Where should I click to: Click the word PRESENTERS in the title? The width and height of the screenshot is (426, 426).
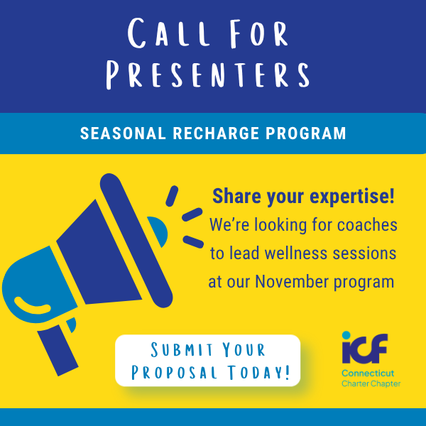[x=208, y=75]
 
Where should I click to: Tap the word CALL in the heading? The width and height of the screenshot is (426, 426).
[x=169, y=33]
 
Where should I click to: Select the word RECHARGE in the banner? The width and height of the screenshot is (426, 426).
[x=216, y=133]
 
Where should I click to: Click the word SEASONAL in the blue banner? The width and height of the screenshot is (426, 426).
[x=123, y=133]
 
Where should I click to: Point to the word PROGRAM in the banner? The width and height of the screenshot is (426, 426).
[x=306, y=133]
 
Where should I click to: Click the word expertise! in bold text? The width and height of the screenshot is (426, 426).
[x=352, y=197]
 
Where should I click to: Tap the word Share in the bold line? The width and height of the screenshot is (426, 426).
[x=236, y=196]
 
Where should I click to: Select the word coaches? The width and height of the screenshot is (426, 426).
[x=367, y=225]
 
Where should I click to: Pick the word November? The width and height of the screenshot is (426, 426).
[x=292, y=281]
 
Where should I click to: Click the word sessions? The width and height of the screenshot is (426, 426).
[x=364, y=253]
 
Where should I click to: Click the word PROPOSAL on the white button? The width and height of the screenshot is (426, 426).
[x=174, y=372]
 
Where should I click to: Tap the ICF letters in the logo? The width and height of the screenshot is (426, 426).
[x=365, y=349]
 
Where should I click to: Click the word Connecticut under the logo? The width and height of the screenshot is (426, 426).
[x=368, y=373]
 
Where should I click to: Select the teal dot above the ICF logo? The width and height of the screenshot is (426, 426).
[x=346, y=335]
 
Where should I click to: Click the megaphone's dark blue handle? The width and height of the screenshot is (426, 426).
[x=58, y=350]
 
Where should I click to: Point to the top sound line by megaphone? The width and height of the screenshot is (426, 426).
[x=172, y=196]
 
